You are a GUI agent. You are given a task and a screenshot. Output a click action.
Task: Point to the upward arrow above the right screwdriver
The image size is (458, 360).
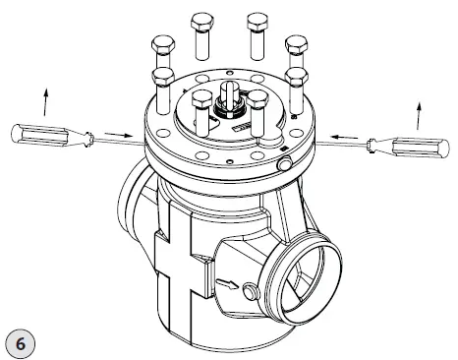(423, 115)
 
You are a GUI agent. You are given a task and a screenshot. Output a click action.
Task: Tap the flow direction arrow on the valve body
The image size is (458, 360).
(228, 286)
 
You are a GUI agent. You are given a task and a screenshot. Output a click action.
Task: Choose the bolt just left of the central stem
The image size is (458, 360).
(202, 106)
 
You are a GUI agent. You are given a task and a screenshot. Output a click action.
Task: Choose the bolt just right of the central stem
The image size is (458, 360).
(258, 106)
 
